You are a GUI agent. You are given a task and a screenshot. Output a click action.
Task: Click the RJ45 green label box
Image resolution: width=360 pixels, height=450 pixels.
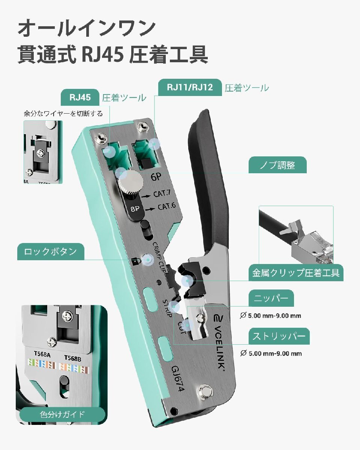point(80,97)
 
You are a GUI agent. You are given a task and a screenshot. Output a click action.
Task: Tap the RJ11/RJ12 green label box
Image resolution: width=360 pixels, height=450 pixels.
point(190,87)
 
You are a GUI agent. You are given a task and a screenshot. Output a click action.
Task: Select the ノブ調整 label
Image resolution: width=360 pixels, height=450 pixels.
point(277,165)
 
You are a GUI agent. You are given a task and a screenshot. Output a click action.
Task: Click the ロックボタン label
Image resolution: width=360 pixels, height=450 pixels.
point(51,252)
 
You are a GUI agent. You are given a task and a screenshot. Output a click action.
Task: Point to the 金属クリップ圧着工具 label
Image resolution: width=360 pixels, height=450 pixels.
point(296,273)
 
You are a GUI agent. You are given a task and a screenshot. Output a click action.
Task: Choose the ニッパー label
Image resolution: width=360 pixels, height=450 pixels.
point(271,298)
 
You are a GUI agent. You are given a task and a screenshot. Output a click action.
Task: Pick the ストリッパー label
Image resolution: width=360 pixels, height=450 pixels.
point(279,336)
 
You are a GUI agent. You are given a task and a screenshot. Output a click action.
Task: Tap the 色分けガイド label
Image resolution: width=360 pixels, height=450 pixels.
point(62,414)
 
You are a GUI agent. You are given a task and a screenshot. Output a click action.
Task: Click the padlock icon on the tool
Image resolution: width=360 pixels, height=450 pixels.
point(135,261)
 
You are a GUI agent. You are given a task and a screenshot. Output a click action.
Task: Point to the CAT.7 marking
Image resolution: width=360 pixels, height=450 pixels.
point(162,194)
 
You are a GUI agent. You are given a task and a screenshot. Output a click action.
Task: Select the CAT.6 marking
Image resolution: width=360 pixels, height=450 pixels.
point(167,207)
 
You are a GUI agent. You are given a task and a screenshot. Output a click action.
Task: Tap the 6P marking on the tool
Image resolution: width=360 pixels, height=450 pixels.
point(156,177)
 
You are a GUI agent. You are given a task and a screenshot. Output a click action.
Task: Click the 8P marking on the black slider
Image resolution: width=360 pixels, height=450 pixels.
point(135,208)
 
